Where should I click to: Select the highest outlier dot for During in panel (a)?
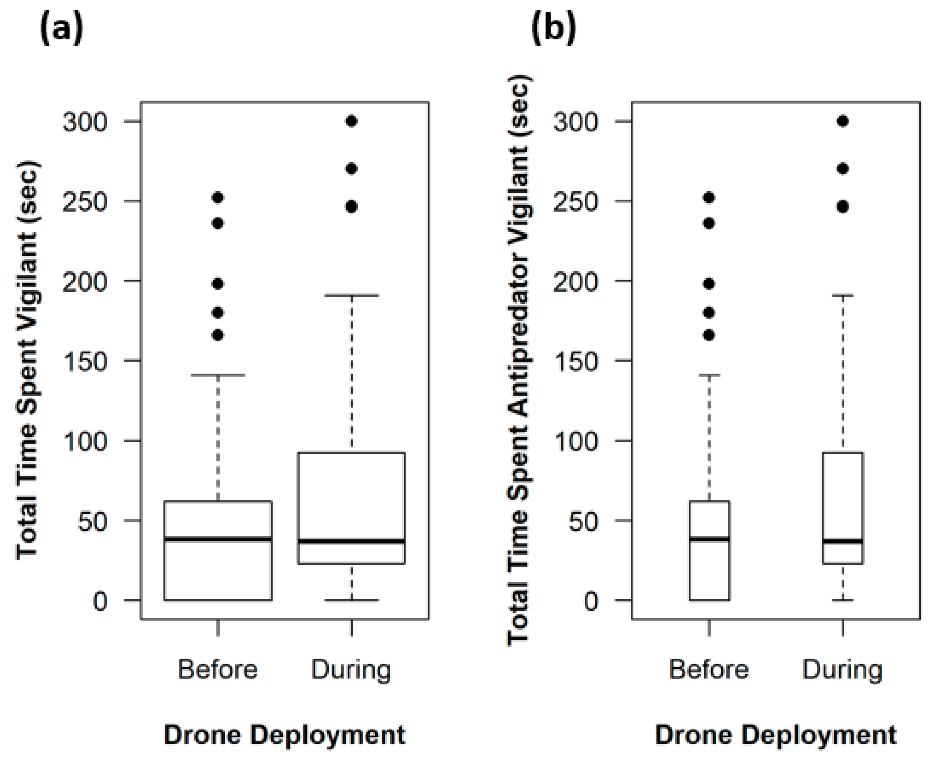351,121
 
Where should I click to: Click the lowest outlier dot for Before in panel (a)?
218,335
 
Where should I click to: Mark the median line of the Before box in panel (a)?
218,539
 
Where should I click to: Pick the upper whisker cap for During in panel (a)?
351,296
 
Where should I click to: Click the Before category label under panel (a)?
218,670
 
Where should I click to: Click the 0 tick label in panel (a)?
100,601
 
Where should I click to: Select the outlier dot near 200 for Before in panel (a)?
218,284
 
